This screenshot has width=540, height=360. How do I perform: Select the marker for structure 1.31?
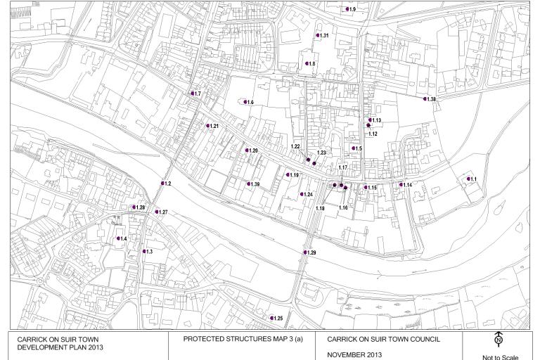(x=317, y=35)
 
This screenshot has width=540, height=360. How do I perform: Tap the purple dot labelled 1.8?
(x=307, y=64)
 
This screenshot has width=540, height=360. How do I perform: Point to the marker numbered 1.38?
(x=425, y=99)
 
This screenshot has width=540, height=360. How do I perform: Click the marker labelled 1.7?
(x=192, y=94)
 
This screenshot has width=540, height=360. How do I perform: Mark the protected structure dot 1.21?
(x=207, y=126)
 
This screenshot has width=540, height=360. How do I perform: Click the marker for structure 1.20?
(x=246, y=150)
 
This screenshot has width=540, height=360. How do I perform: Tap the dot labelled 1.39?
(x=247, y=184)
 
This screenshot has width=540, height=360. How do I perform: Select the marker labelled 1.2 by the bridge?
(x=162, y=184)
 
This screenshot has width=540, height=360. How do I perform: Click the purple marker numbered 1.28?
(x=134, y=207)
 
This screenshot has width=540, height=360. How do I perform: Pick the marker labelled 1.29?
(x=304, y=252)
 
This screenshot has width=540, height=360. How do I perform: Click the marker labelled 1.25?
(x=271, y=319)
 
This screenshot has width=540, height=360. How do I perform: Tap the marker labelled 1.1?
(x=468, y=179)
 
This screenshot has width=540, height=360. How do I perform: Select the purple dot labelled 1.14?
(x=401, y=185)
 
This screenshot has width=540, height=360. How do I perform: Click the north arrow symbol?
(x=499, y=340)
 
